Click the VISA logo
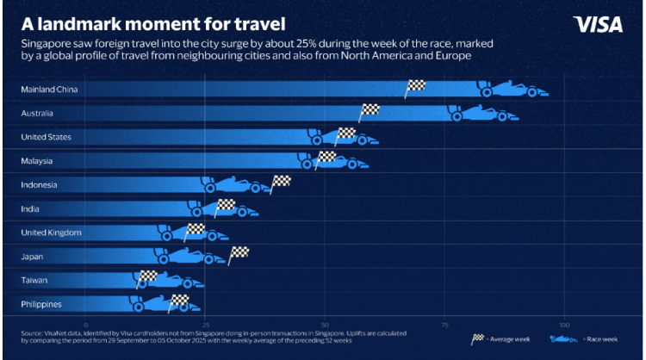(597, 24)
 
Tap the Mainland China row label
(48, 90)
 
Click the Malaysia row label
(37, 161)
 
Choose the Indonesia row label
(40, 184)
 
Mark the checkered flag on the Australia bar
(370, 109)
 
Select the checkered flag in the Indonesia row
(281, 181)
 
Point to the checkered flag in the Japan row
(239, 252)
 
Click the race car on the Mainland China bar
(512, 90)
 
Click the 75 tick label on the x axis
(444, 325)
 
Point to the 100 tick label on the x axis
(563, 325)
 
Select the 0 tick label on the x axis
(86, 325)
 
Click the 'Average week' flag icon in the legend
(477, 339)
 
